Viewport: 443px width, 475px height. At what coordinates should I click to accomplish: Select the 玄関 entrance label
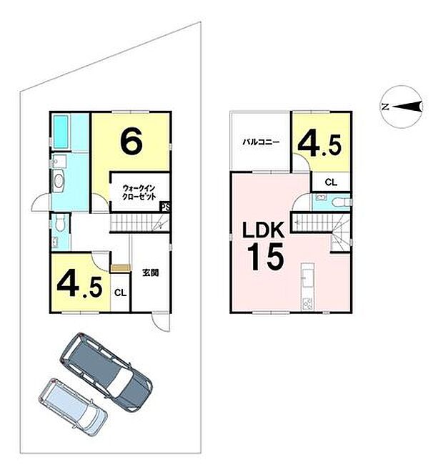(x=151, y=272)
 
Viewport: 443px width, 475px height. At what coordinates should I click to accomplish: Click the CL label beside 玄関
(x=121, y=292)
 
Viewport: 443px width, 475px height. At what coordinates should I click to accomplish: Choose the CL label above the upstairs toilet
(x=330, y=182)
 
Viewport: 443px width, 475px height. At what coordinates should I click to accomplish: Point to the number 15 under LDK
(x=265, y=256)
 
